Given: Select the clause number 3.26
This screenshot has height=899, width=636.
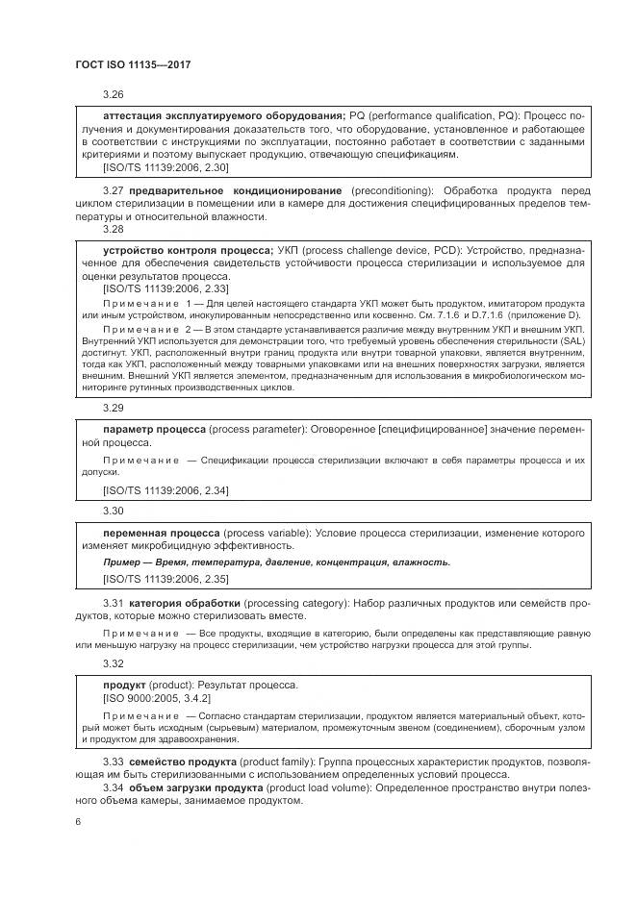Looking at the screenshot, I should click(114, 95).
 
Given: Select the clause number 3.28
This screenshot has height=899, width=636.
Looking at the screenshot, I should click(114, 230).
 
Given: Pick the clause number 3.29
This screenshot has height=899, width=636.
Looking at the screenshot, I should click(114, 407).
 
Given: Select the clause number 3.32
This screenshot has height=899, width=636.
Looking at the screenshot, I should click(114, 663).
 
